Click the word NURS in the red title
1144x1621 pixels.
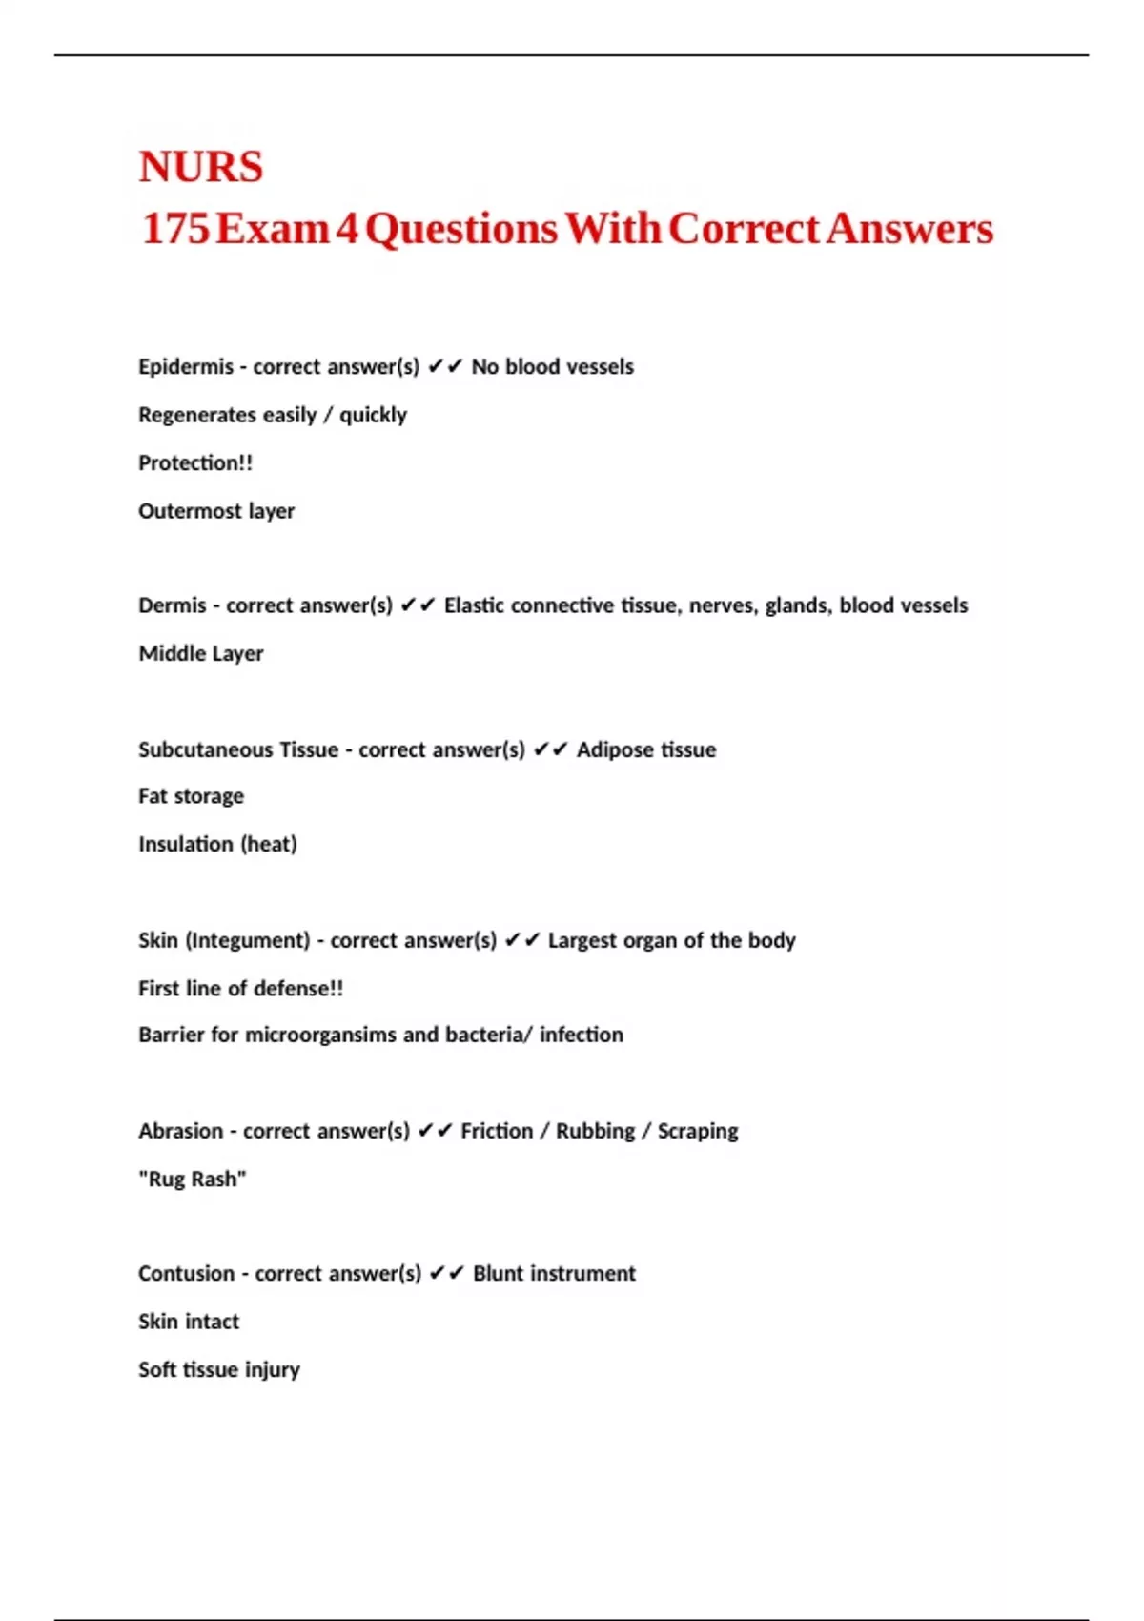coord(200,167)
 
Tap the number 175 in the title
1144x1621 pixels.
coord(175,229)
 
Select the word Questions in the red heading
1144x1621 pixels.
coord(461,229)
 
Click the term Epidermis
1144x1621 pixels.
coord(185,367)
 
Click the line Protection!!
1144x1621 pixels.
coord(195,463)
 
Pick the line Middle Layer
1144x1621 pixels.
coord(200,654)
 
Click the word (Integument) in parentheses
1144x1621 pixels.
coord(248,940)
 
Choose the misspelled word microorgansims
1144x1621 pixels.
coord(320,1035)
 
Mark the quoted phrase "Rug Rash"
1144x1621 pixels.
coord(192,1180)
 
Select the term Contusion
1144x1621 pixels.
coord(186,1274)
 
